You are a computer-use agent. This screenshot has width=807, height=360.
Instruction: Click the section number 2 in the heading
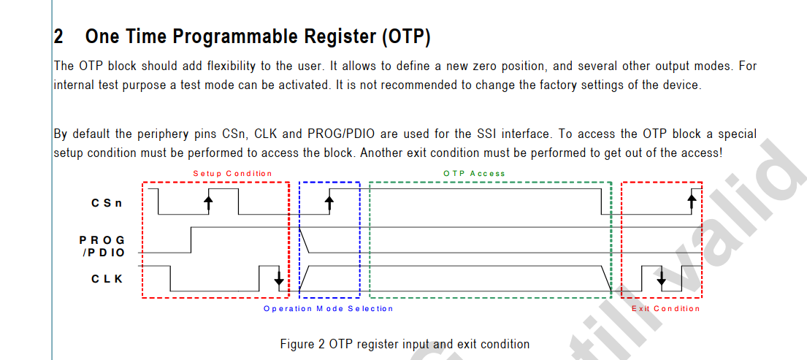[58, 37]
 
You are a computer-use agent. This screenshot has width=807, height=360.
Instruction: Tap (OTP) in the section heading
[406, 37]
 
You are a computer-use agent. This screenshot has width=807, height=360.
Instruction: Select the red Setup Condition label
[233, 173]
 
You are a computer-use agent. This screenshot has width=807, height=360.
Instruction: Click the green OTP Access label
[475, 173]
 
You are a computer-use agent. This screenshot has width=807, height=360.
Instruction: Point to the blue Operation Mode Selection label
[329, 309]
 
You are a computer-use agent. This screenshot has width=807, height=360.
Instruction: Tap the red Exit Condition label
[665, 309]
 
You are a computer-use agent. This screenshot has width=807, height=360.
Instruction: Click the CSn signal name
[107, 202]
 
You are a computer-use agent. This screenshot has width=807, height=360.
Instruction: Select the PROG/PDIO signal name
[102, 246]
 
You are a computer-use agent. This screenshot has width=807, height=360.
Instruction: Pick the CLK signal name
[107, 279]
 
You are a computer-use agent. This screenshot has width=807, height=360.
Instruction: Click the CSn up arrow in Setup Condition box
[208, 202]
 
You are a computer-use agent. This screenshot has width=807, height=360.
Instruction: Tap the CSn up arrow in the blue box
[329, 202]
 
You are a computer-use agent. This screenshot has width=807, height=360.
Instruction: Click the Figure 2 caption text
[405, 344]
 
